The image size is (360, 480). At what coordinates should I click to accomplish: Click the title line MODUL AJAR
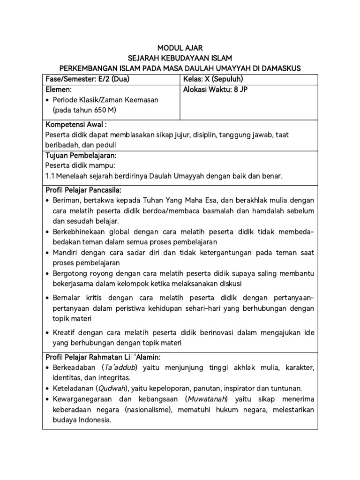(180, 48)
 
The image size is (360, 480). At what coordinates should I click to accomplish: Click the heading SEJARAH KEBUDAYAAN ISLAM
(180, 58)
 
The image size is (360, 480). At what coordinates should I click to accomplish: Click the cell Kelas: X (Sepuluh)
(213, 79)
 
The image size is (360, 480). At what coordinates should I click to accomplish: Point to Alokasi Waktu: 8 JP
(214, 89)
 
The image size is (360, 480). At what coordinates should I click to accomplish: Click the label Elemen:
(59, 89)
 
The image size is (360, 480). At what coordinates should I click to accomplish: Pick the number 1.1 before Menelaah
(50, 176)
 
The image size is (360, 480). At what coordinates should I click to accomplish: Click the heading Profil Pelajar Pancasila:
(83, 190)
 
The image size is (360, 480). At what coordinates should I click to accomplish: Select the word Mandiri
(66, 253)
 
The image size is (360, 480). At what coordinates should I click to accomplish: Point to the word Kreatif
(65, 332)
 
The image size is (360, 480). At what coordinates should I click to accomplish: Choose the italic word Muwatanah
(206, 399)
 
